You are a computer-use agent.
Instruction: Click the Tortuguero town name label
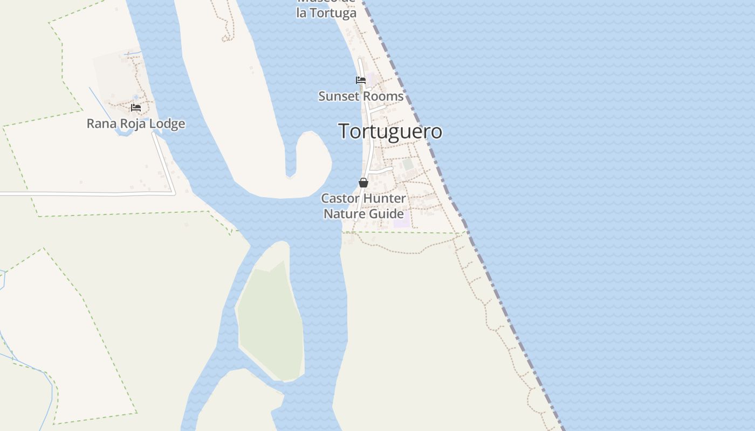click(x=390, y=131)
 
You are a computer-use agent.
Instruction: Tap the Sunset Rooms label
click(x=361, y=96)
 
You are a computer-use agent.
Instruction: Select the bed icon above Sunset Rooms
click(x=361, y=80)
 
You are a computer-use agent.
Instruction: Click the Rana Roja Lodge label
click(x=136, y=124)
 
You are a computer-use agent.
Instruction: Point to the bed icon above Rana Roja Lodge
click(x=136, y=108)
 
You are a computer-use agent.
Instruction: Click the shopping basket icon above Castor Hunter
click(x=363, y=183)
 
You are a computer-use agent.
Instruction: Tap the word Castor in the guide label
click(x=339, y=198)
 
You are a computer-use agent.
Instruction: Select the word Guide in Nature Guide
click(x=386, y=214)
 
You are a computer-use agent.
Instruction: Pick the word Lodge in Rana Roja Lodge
click(x=167, y=124)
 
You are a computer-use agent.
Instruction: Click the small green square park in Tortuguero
click(x=408, y=164)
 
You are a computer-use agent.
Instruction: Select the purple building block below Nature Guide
click(x=401, y=223)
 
